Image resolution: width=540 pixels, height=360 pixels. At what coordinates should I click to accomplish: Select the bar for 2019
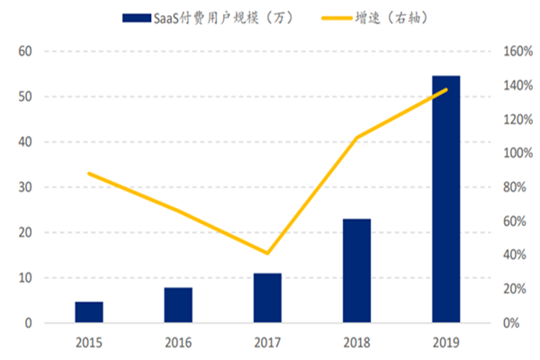click(x=445, y=198)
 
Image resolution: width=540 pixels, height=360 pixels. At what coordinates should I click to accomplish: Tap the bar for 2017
click(x=267, y=298)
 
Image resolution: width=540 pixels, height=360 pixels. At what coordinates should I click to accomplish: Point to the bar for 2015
click(x=89, y=312)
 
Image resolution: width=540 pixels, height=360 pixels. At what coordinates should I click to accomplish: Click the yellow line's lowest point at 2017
click(x=267, y=254)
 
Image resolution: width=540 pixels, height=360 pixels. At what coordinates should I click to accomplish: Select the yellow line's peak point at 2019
click(x=445, y=90)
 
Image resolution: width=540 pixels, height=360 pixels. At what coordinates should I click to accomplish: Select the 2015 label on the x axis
click(x=89, y=343)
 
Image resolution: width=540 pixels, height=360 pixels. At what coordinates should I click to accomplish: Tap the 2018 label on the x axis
click(x=356, y=343)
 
